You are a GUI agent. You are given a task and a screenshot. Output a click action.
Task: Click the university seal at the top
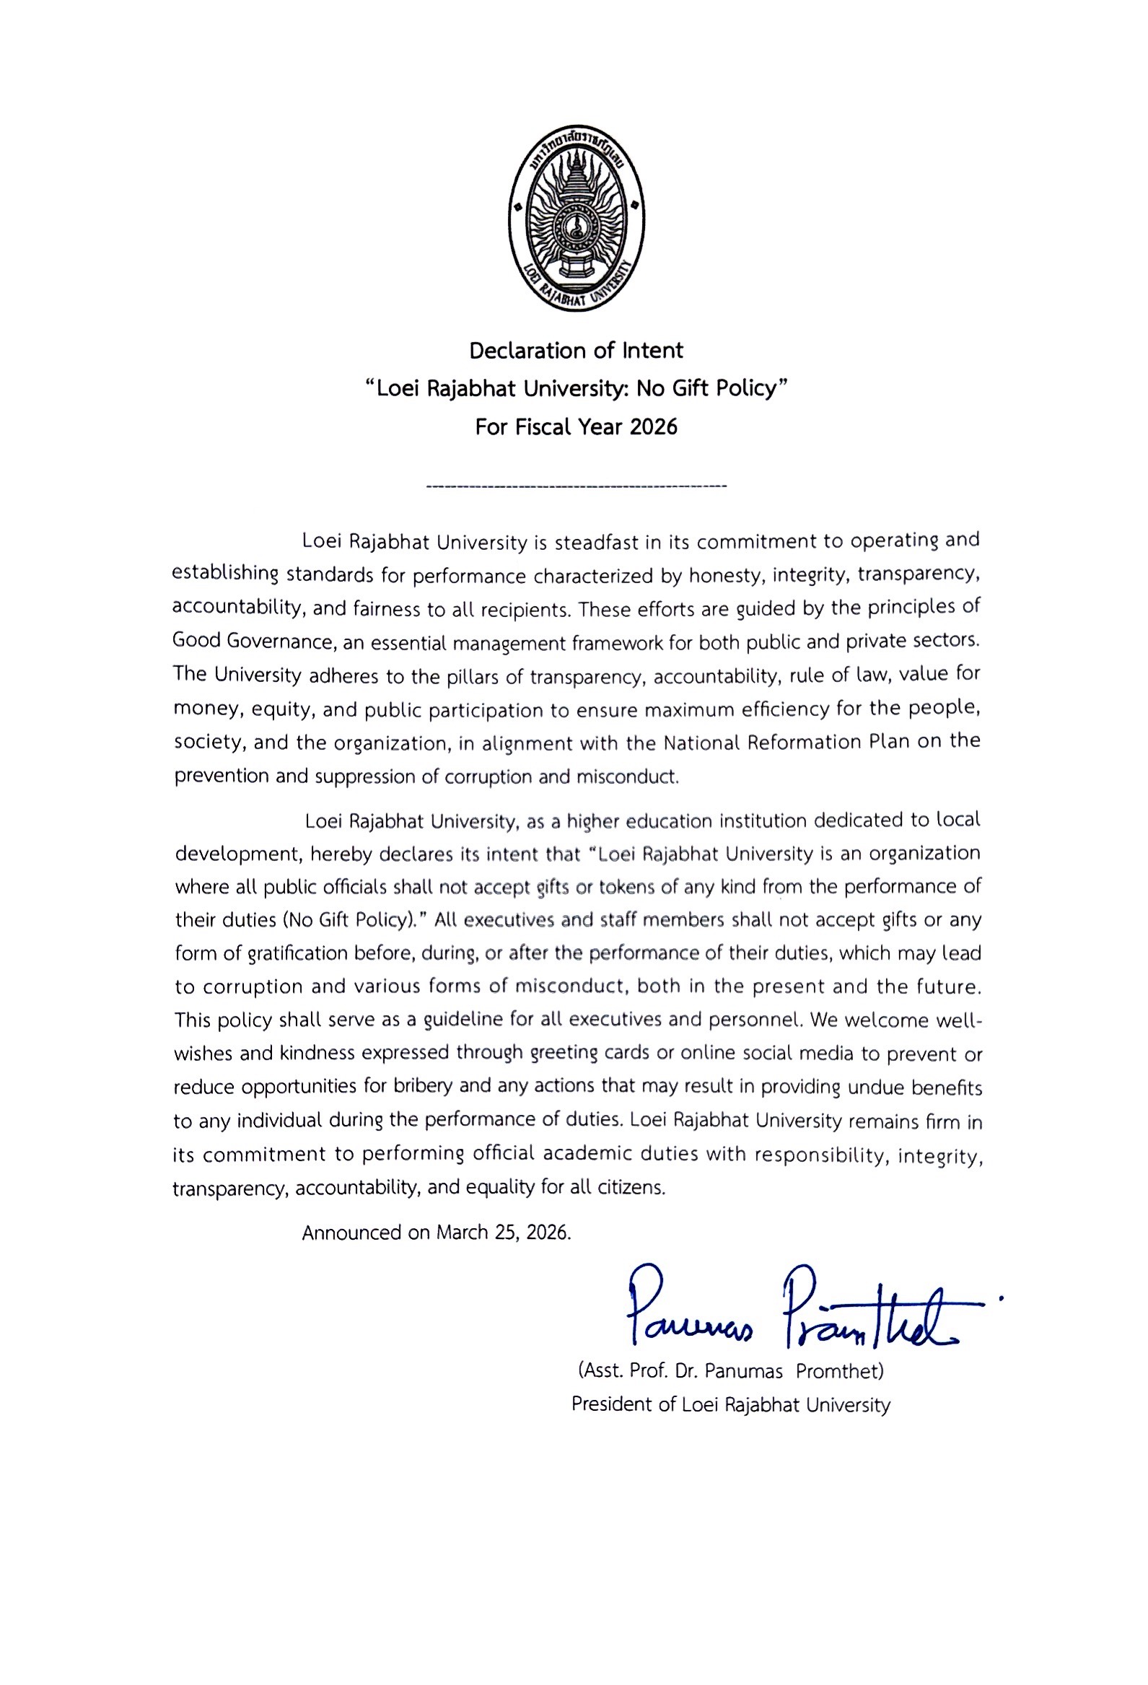tap(577, 218)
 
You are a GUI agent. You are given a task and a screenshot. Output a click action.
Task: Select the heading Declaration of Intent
tap(576, 351)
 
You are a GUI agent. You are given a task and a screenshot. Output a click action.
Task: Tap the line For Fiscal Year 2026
tap(576, 427)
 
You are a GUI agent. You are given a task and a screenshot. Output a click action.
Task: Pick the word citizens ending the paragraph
tap(631, 1187)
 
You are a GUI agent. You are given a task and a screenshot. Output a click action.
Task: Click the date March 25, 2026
tap(503, 1233)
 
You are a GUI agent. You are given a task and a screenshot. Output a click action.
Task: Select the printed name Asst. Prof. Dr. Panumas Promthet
tap(729, 1370)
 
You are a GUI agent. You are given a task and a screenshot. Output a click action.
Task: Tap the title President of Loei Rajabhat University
tap(729, 1404)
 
